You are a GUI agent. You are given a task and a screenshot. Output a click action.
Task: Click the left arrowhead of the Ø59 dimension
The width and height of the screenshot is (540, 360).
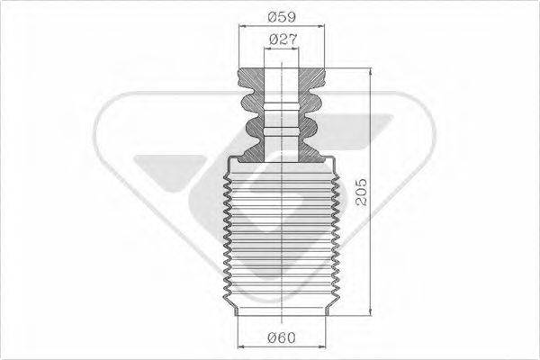coord(242,27)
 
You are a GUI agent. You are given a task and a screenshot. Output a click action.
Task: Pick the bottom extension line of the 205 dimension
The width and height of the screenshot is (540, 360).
coord(351,316)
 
